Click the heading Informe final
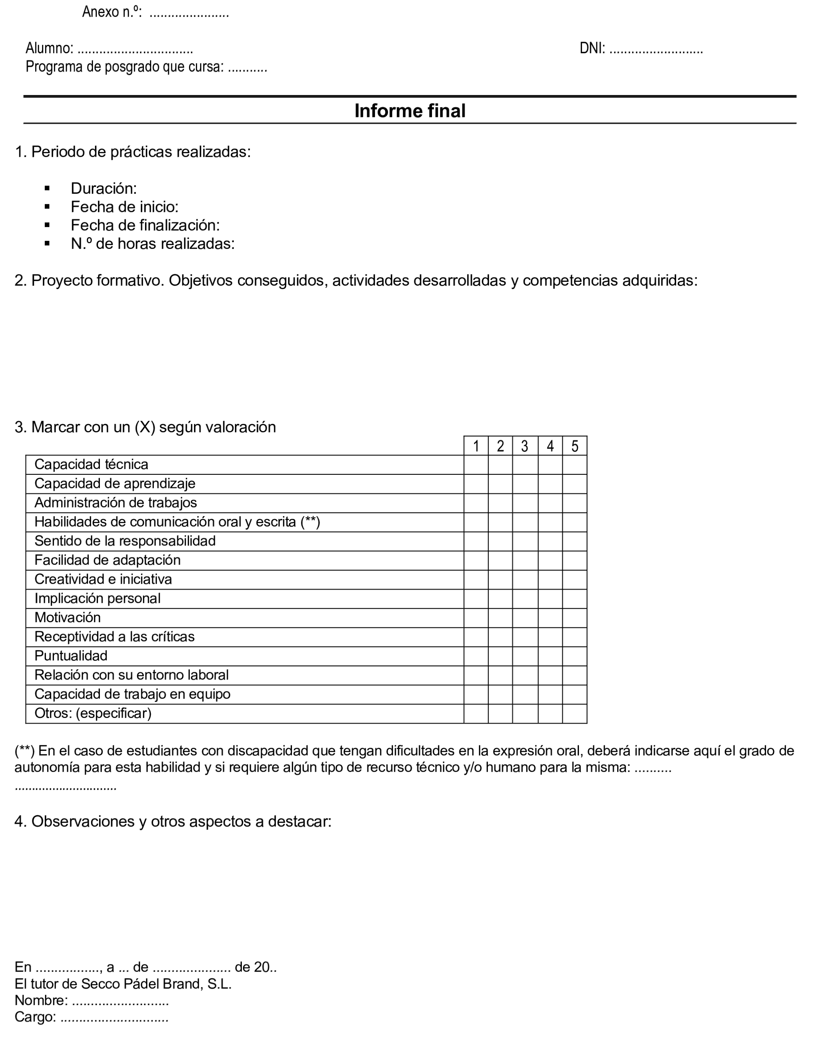[x=410, y=111]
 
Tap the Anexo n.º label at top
[x=111, y=12]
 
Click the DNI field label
[x=592, y=49]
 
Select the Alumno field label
[x=49, y=49]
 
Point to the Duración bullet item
[x=103, y=188]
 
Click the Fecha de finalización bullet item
[x=145, y=225]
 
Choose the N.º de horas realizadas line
[x=152, y=244]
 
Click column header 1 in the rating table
[x=476, y=446]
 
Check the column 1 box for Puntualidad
[x=476, y=656]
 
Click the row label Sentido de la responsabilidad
[x=125, y=542]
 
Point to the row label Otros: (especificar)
[x=93, y=713]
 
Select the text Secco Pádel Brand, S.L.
[x=156, y=984]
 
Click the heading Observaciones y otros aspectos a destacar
[x=173, y=822]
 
